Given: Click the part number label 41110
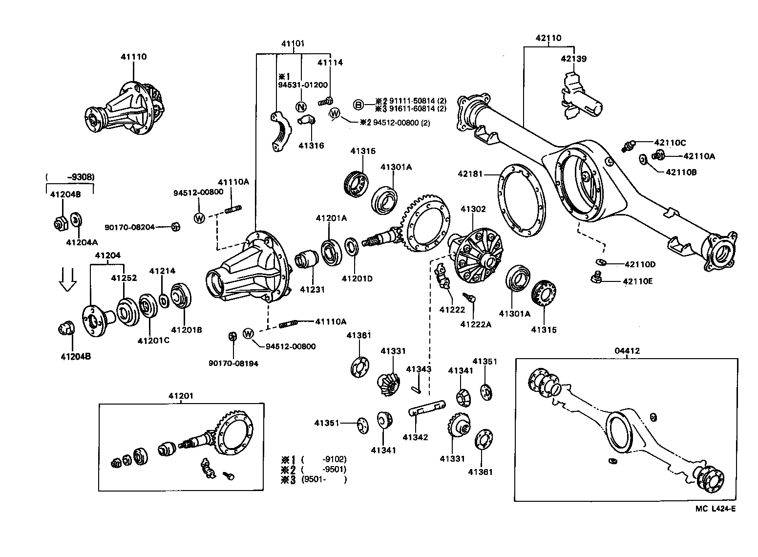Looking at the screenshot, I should click(x=133, y=57).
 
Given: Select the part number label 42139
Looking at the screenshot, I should click(x=573, y=59).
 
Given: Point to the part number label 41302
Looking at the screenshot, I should click(x=473, y=209).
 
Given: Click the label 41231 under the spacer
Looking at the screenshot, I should click(x=312, y=290).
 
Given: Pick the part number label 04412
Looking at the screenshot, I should click(x=627, y=351).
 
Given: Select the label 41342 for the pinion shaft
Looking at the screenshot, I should click(x=415, y=437).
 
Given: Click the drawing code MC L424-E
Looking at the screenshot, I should click(x=716, y=509).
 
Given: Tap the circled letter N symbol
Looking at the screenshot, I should click(x=301, y=107).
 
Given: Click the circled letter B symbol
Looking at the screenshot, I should click(x=358, y=105).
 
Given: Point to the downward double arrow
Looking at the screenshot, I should click(x=67, y=279).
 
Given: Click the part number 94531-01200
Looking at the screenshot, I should click(x=303, y=85).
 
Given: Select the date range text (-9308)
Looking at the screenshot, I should click(x=70, y=177).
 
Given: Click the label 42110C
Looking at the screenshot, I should click(x=670, y=143).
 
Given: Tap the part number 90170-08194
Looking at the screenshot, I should click(x=233, y=364).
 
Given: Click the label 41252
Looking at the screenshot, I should click(x=124, y=278).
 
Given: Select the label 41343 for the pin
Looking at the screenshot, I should click(x=419, y=369).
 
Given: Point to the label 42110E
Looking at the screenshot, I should click(x=638, y=281).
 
